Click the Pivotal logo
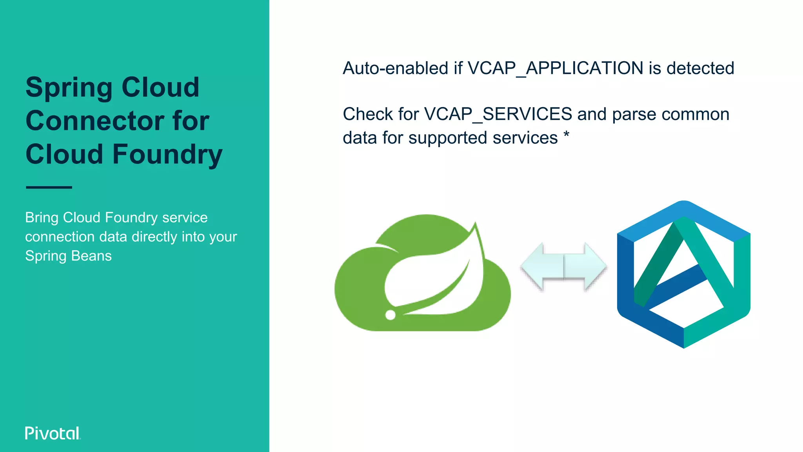click(x=53, y=433)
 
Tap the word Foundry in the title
click(x=167, y=154)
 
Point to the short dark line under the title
click(x=49, y=188)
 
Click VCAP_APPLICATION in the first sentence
click(x=556, y=68)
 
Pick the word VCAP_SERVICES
click(x=498, y=114)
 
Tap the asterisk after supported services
click(x=566, y=136)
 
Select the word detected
click(x=700, y=68)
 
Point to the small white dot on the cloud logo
click(x=391, y=315)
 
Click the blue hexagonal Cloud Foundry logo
click(x=683, y=275)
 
